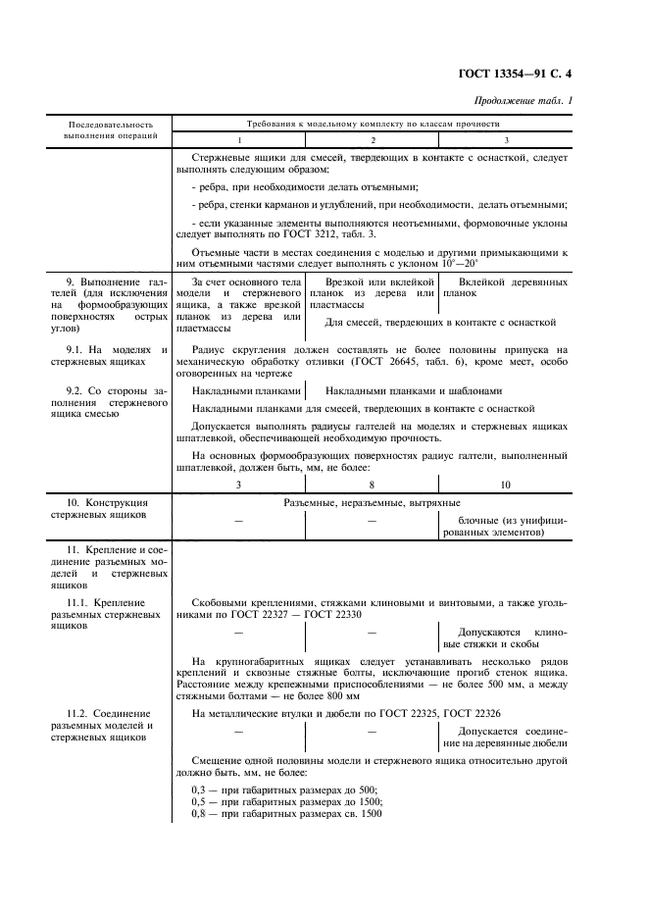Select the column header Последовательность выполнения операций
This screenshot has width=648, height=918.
tap(110, 130)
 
